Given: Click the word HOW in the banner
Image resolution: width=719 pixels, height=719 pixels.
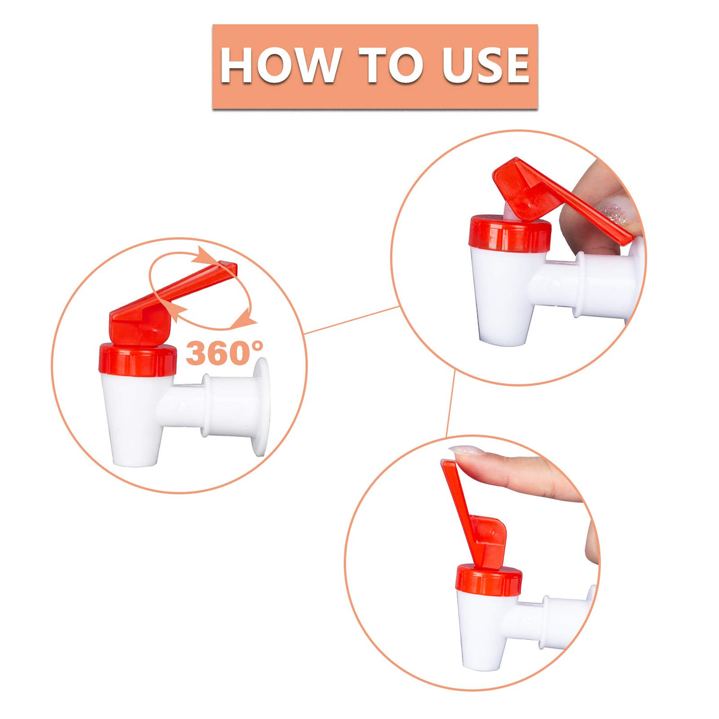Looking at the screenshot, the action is (279, 65).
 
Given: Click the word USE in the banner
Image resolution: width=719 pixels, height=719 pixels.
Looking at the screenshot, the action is (485, 65).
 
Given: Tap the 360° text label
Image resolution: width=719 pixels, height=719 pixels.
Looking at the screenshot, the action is (224, 352).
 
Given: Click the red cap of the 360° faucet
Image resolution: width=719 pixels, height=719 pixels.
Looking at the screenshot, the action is (137, 360).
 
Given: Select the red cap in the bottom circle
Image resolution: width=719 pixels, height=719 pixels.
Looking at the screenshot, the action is (488, 582).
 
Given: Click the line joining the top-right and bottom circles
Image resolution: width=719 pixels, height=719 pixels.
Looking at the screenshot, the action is (451, 404).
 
